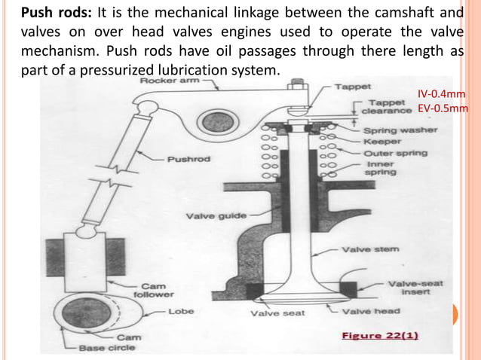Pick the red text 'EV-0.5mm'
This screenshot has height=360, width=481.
[443, 108]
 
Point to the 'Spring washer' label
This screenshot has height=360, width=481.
[400, 130]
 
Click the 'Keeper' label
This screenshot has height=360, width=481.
[383, 141]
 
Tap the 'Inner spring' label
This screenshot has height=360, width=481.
[381, 168]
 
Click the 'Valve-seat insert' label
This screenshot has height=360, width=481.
[415, 288]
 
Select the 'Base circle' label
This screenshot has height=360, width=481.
[110, 347]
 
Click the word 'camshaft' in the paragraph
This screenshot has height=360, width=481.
[414, 13]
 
